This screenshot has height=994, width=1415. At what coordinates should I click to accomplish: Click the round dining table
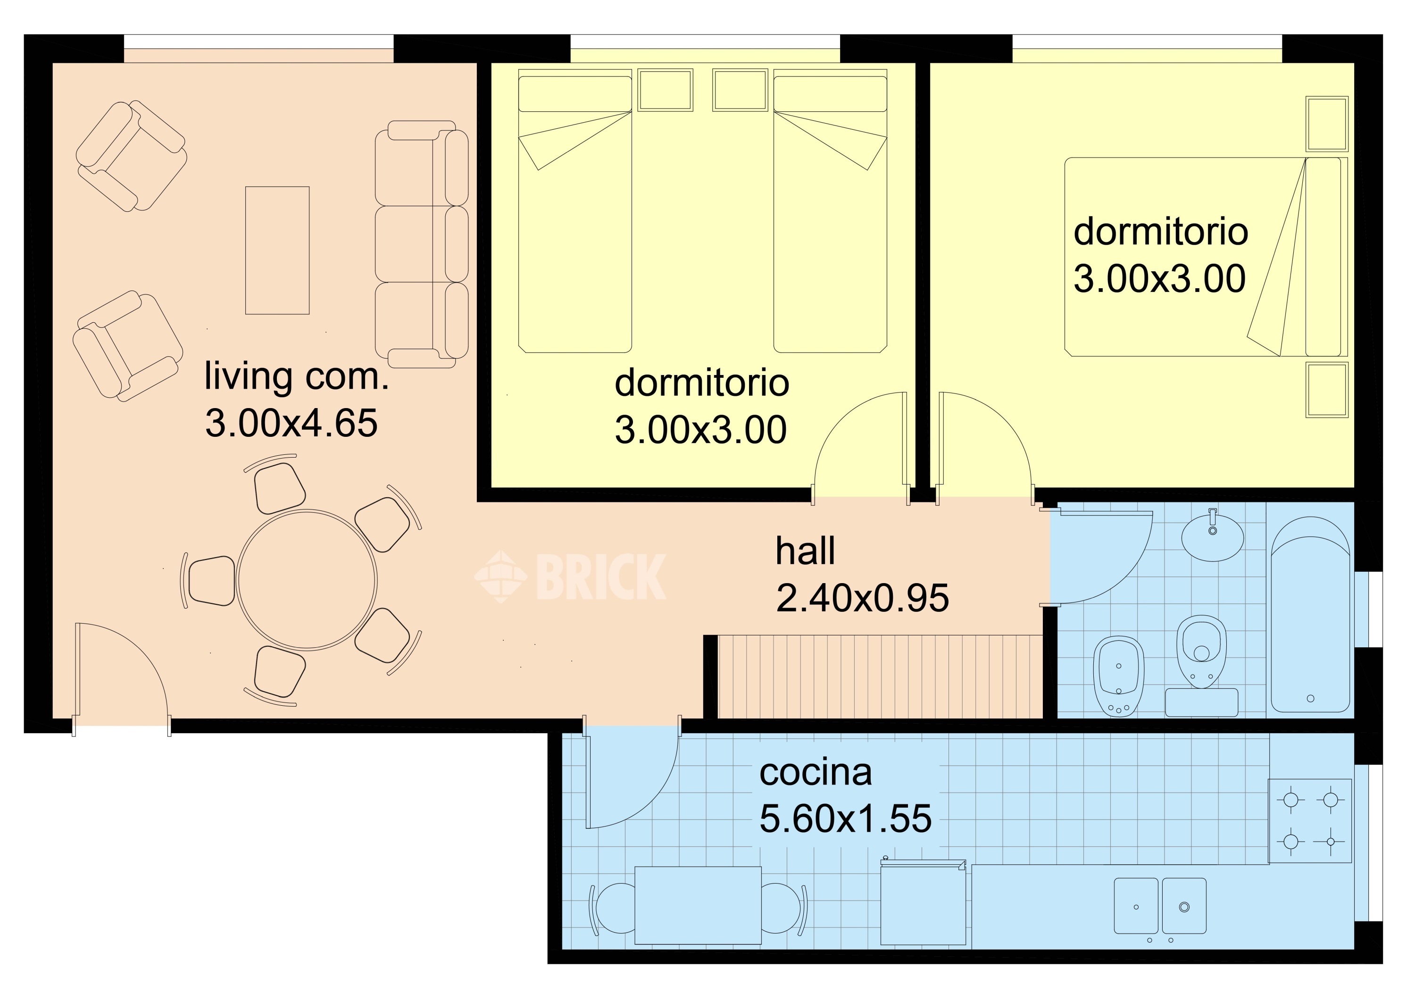pos(307,580)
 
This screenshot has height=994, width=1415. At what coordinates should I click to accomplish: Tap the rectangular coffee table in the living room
pos(277,250)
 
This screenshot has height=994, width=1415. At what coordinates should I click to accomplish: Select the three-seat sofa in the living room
pos(422,244)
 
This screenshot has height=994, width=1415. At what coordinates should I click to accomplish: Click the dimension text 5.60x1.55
pos(846,819)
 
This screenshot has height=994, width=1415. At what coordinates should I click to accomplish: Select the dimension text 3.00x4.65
pos(291,423)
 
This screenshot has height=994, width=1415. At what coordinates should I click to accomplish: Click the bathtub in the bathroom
pos(1310,614)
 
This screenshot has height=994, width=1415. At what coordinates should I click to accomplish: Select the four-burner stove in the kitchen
pos(1310,821)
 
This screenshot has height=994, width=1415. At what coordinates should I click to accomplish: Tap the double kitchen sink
pos(1160,906)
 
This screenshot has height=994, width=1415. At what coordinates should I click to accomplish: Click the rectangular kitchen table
pos(698,905)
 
